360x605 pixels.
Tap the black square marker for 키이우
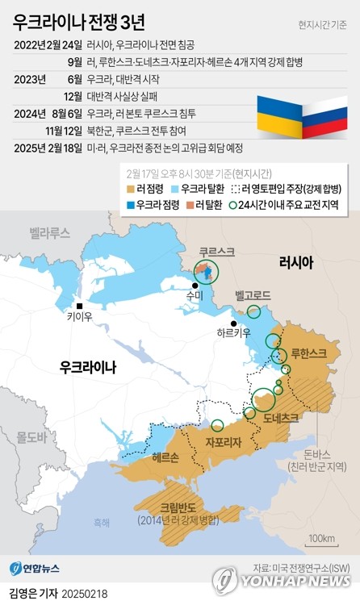click(x=80, y=306)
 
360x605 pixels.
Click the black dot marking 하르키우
click(x=233, y=323)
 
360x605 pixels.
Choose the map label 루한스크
click(x=308, y=353)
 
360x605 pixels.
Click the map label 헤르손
click(x=165, y=457)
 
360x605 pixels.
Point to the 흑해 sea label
click(x=101, y=522)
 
